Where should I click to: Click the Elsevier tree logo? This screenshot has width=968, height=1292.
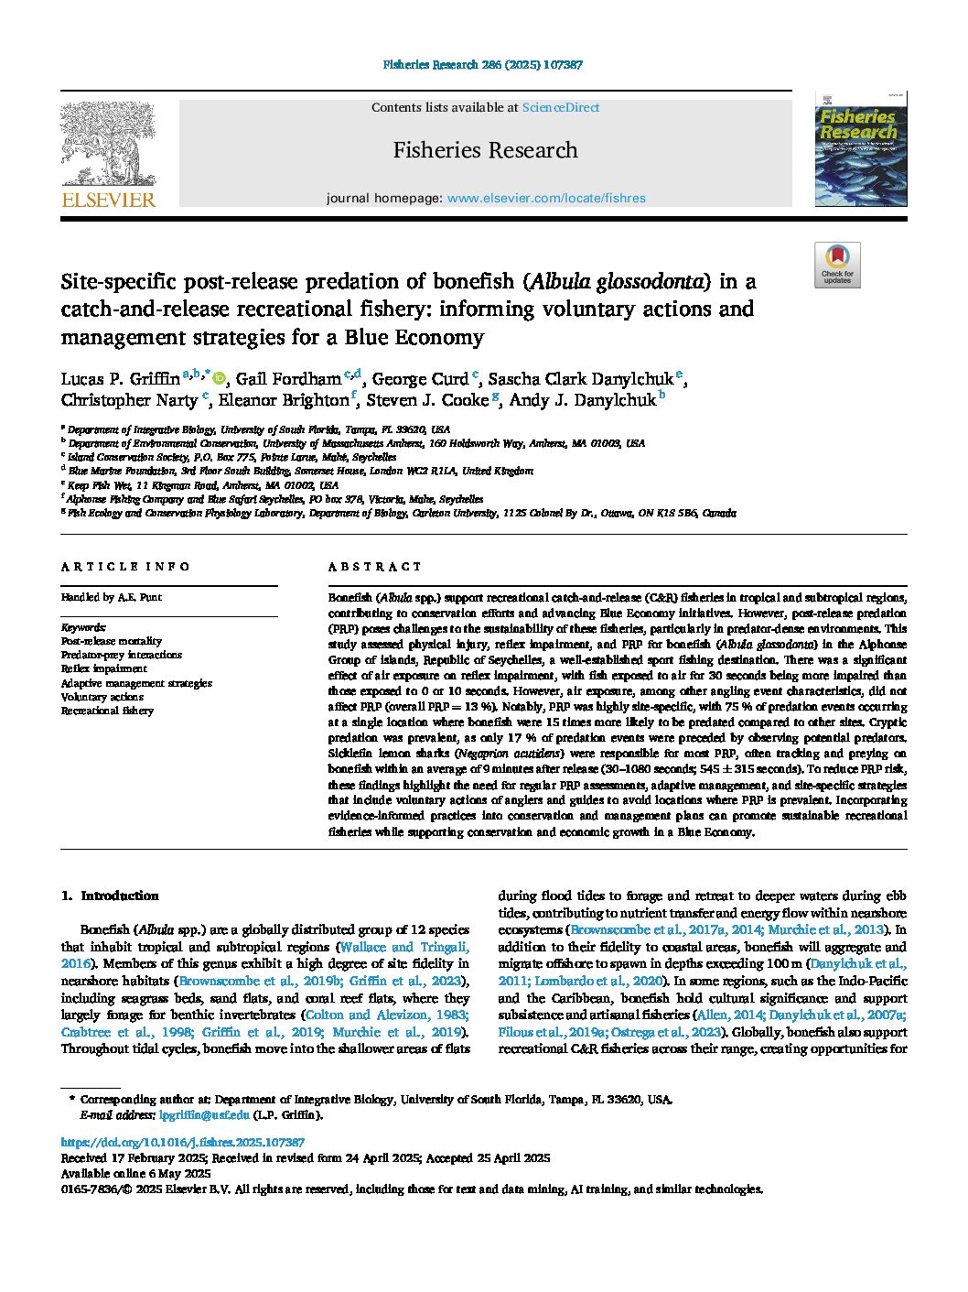pyautogui.click(x=108, y=147)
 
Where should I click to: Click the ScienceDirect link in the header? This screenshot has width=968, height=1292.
pyautogui.click(x=560, y=107)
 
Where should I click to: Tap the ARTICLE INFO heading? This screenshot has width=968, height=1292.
pyautogui.click(x=125, y=567)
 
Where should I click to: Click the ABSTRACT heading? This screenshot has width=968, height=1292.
pyautogui.click(x=375, y=567)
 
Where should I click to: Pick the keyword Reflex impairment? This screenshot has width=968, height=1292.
pyautogui.click(x=103, y=669)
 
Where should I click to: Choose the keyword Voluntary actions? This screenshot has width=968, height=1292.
pyautogui.click(x=102, y=697)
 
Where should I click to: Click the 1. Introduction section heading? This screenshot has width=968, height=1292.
pyautogui.click(x=110, y=896)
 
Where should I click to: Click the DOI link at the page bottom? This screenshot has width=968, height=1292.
pyautogui.click(x=182, y=1143)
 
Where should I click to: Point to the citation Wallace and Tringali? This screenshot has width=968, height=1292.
pyautogui.click(x=403, y=947)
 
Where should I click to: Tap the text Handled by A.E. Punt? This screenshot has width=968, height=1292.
pyautogui.click(x=111, y=597)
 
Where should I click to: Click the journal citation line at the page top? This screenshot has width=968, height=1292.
pyautogui.click(x=483, y=65)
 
